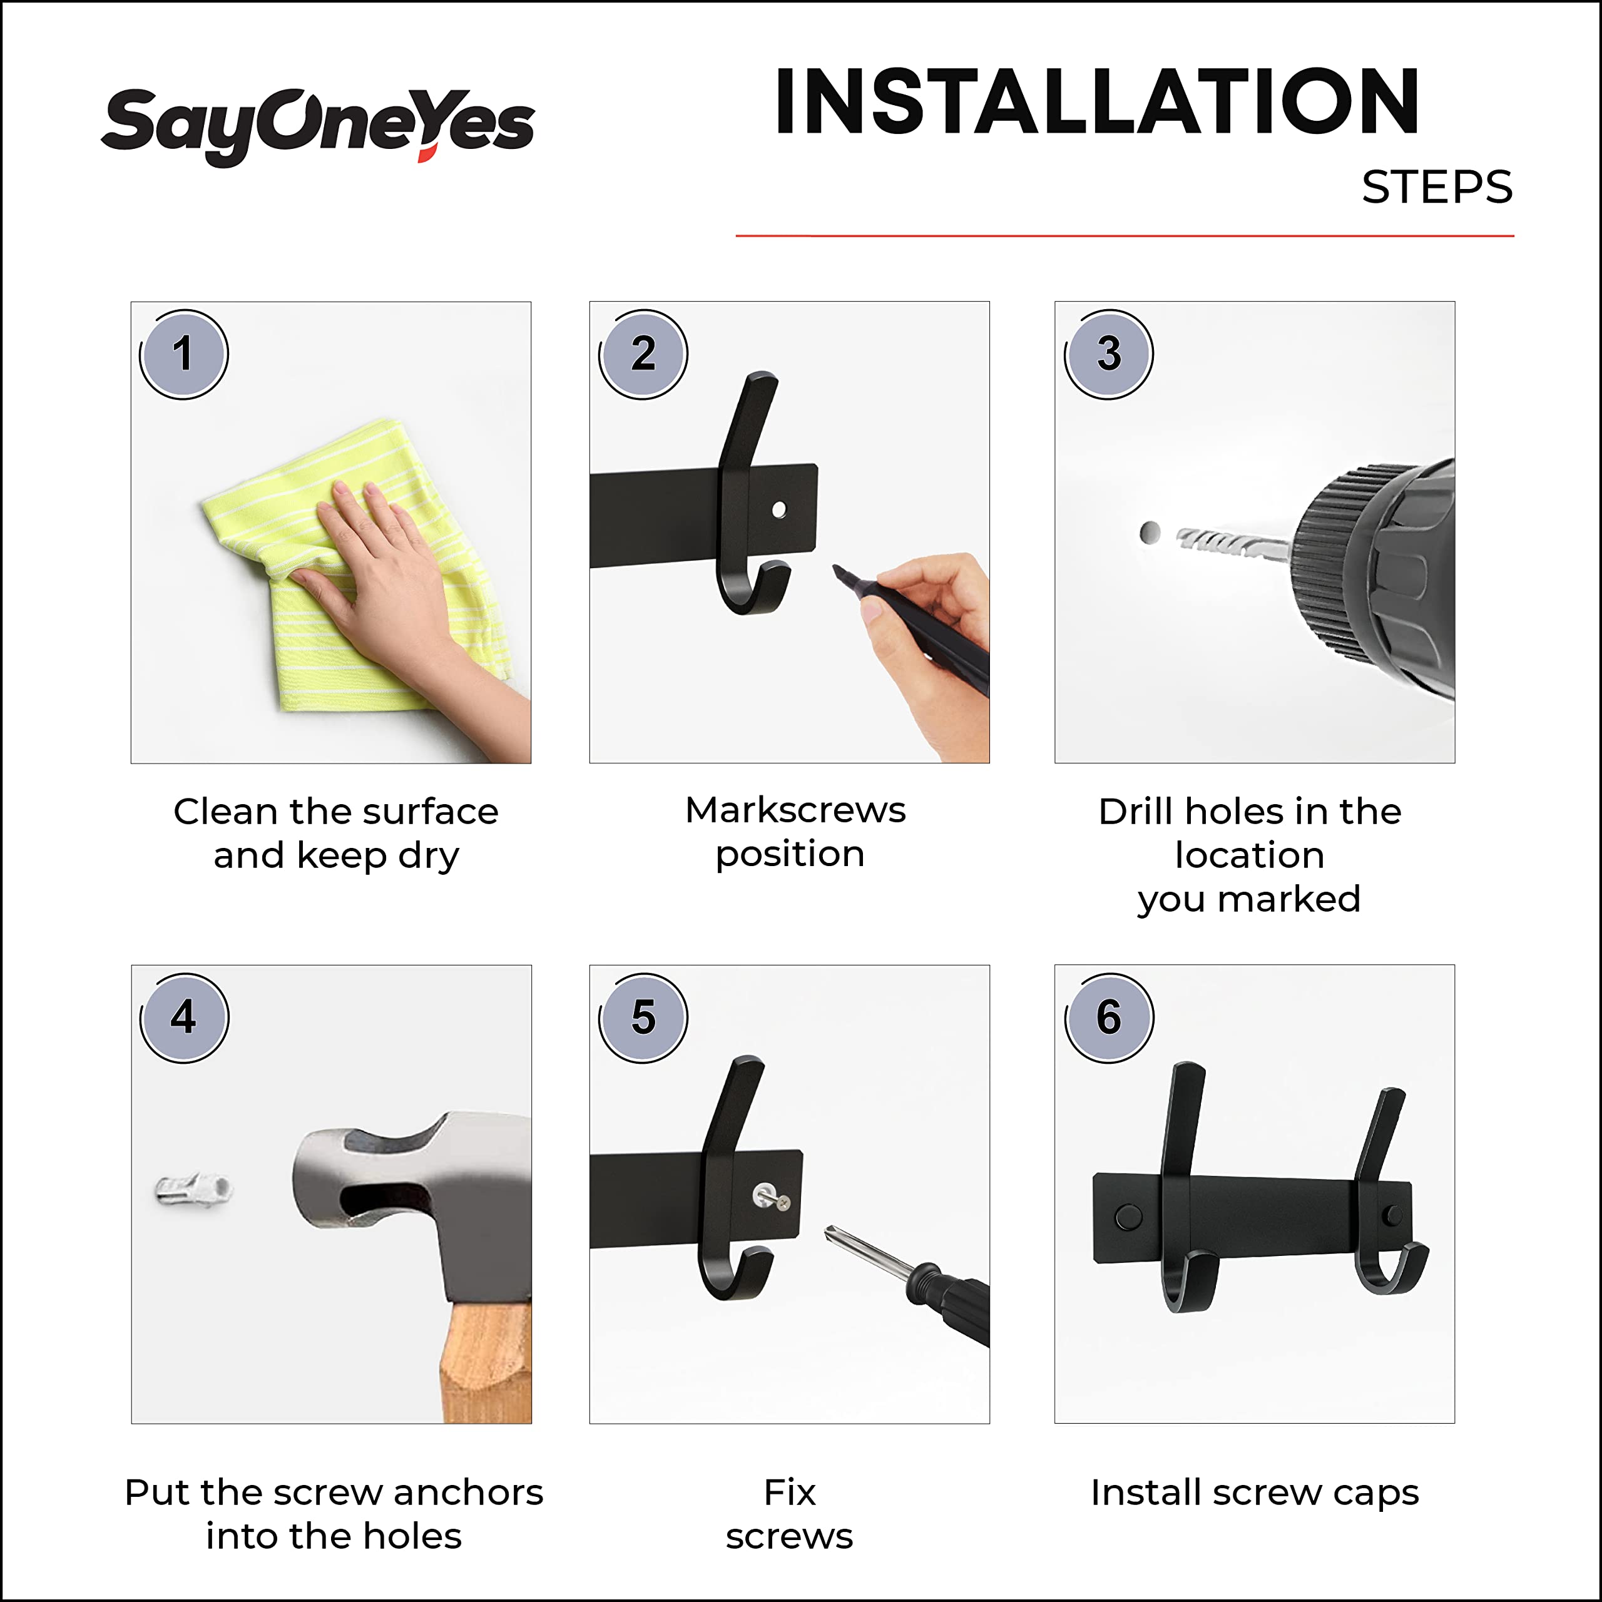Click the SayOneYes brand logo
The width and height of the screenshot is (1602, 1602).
[x=317, y=125]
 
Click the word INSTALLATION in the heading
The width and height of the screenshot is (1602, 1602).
[x=1096, y=101]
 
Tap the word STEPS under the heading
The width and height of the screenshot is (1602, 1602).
[x=1436, y=187]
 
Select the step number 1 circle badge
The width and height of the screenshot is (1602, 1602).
[x=183, y=354]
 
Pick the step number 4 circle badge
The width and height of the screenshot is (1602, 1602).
[x=183, y=1018]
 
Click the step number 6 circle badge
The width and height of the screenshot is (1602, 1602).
[x=1109, y=1018]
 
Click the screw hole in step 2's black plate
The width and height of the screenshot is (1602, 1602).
[x=778, y=509]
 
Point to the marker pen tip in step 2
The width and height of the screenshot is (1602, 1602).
[x=839, y=571]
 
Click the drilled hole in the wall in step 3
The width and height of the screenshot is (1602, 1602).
[x=1150, y=533]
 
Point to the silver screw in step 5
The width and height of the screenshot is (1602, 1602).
[x=771, y=1196]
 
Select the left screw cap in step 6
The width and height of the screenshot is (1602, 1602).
[x=1128, y=1217]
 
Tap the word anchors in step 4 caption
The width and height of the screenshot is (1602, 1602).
[x=467, y=1492]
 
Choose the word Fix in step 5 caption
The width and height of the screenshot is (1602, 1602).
[x=788, y=1492]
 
